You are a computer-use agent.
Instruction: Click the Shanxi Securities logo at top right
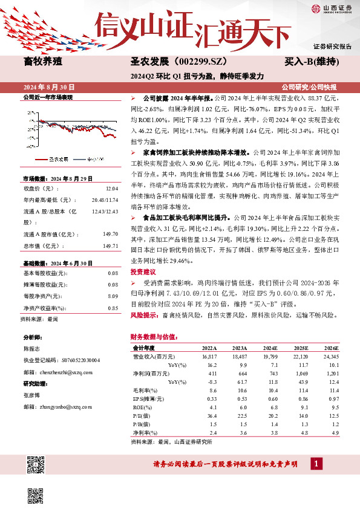click(332, 8)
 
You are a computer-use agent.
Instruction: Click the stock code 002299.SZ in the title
click(202, 62)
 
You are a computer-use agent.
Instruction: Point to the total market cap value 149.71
click(110, 229)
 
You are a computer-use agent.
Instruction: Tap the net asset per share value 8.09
click(112, 296)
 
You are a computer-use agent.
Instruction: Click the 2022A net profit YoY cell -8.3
click(211, 382)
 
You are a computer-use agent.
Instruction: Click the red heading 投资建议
click(142, 272)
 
